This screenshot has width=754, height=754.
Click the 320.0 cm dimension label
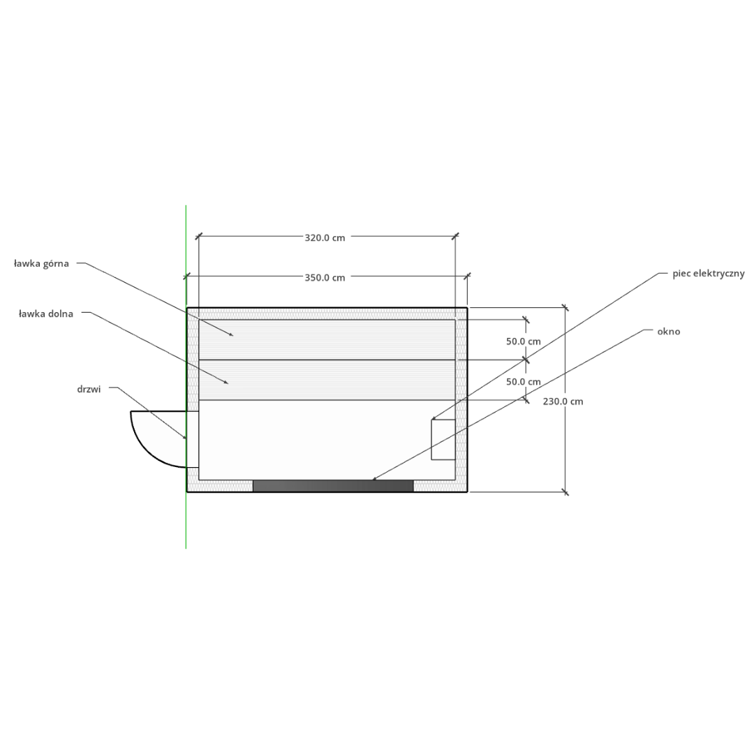coord(325,237)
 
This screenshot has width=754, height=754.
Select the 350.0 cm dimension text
coord(325,277)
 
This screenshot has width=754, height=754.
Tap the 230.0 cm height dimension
coord(563,401)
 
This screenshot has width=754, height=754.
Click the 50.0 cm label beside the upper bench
coord(523,341)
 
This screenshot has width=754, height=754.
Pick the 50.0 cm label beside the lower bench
coord(523,382)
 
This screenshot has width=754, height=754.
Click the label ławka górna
coord(41,263)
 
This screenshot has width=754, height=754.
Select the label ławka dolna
coord(45,314)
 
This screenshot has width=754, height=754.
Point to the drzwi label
coord(89,389)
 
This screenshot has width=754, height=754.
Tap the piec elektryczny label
coord(709,274)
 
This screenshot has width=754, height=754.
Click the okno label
coord(668,332)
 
